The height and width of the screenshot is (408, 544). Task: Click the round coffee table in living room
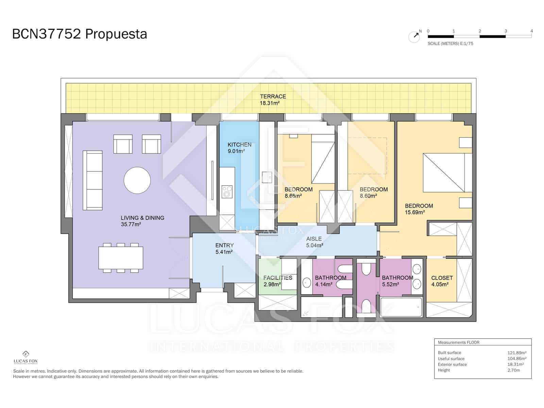click(137, 180)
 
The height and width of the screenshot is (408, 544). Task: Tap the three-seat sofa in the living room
click(92, 180)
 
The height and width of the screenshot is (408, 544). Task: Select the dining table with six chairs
click(121, 258)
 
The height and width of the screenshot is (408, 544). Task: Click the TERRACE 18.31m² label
click(273, 100)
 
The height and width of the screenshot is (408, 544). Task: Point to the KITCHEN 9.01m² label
click(239, 148)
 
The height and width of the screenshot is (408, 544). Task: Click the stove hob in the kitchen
click(227, 191)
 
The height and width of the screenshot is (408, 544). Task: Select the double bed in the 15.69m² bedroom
click(444, 173)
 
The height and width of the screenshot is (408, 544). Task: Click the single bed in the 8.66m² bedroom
click(323, 159)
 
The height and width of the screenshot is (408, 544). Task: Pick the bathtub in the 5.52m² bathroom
click(401, 307)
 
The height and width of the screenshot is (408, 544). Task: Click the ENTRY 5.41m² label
click(224, 249)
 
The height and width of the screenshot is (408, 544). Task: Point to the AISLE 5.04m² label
click(314, 242)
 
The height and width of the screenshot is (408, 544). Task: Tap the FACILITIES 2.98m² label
click(277, 281)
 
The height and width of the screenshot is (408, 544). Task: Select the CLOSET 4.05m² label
click(442, 281)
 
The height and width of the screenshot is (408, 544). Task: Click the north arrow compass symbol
click(414, 36)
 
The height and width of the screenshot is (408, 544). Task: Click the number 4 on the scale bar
click(531, 31)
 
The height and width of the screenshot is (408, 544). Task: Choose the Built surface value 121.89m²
click(517, 353)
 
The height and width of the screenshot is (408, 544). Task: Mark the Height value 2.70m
click(513, 370)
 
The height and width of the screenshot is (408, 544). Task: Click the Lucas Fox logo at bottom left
click(26, 357)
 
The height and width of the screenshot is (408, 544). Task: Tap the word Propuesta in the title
click(116, 34)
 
